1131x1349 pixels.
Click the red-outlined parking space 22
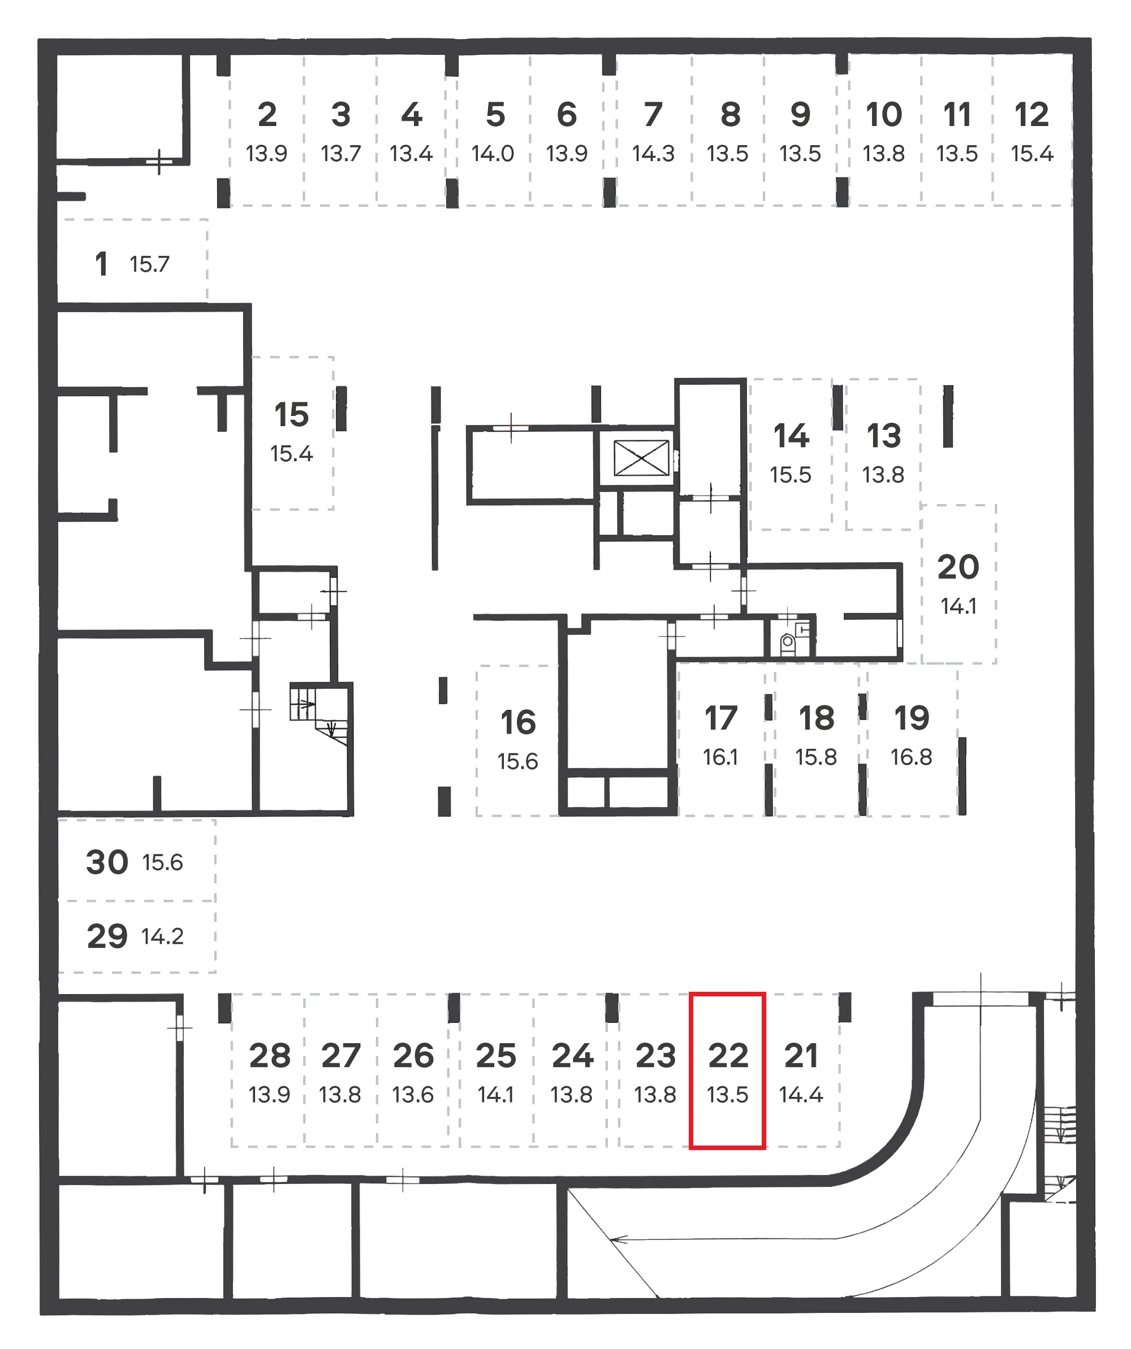(727, 1070)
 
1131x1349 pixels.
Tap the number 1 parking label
(101, 264)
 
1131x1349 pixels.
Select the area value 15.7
(150, 264)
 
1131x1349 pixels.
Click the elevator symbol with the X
(641, 458)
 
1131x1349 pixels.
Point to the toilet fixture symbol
(787, 643)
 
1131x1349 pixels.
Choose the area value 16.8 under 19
(911, 757)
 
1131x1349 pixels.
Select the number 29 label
(107, 936)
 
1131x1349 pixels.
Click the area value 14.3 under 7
(653, 154)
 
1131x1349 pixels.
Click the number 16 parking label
(518, 722)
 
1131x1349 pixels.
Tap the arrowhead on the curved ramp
(618, 1240)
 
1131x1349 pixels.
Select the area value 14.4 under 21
(801, 1094)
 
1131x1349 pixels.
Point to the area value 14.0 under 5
(493, 154)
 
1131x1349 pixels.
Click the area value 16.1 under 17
(720, 757)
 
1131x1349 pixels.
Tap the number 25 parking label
(495, 1056)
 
